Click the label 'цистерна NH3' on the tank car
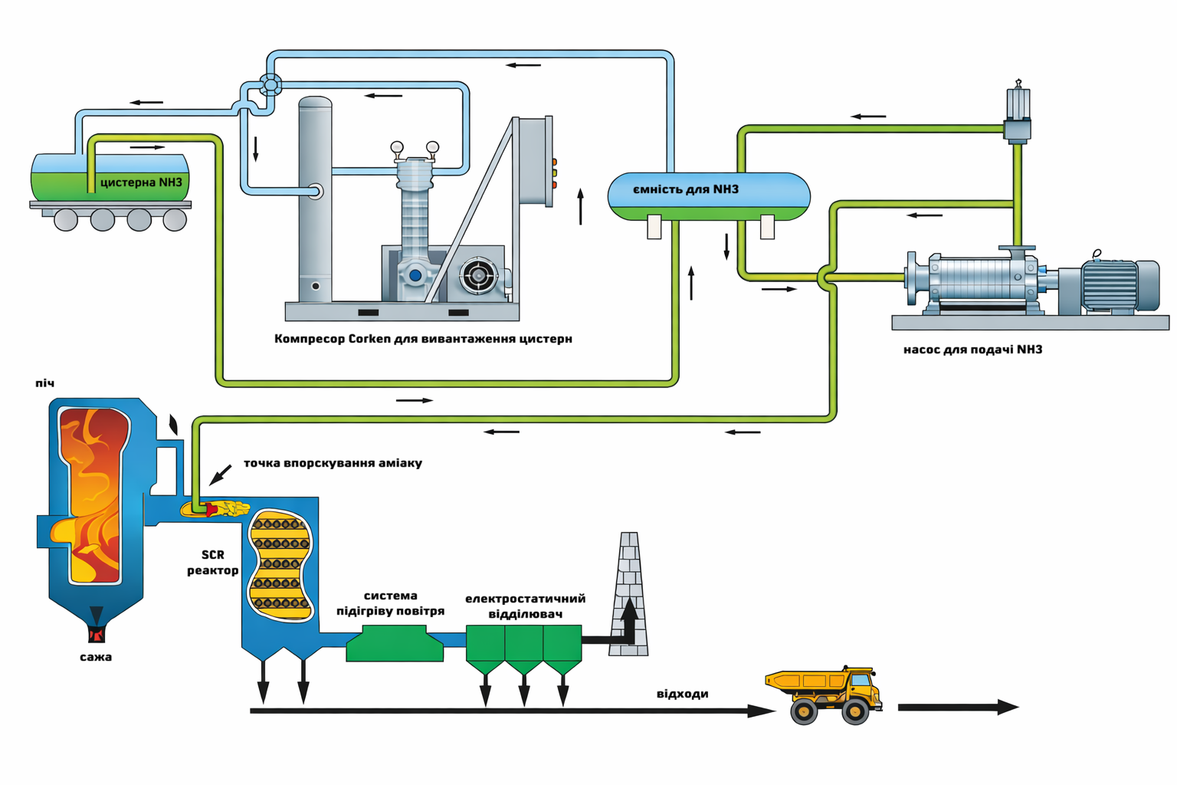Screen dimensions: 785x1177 click(141, 182)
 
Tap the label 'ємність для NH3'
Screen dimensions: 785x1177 click(686, 189)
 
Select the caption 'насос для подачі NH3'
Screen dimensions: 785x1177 click(972, 350)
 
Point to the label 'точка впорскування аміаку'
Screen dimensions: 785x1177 click(333, 463)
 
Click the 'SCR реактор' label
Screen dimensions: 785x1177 click(212, 563)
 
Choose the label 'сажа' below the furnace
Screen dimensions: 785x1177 click(96, 657)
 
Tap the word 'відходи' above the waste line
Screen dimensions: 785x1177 click(682, 694)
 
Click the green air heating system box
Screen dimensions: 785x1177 click(395, 644)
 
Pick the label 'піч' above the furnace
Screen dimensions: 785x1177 click(45, 383)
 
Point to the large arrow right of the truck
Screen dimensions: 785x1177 click(958, 708)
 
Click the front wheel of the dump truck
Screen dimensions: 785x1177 click(855, 712)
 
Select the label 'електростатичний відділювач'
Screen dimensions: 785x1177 click(525, 606)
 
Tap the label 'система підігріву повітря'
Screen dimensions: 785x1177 click(390, 603)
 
